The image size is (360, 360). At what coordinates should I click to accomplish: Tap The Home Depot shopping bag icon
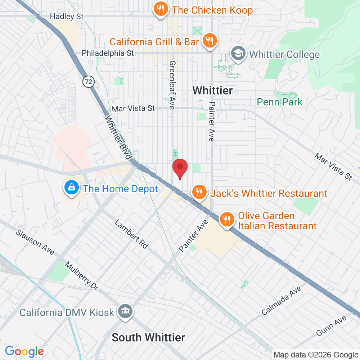pos(72,188)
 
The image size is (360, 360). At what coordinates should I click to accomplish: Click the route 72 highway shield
pos(88,82)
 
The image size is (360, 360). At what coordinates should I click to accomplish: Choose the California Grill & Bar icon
pos(208,40)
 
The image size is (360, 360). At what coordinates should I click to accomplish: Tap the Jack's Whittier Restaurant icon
pos(198,192)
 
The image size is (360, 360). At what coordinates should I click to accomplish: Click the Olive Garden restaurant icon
pos(226,219)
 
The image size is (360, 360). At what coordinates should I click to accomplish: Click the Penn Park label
pos(279,102)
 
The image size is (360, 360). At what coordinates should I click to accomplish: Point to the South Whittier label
pos(148,337)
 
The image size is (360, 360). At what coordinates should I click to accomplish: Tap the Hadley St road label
pos(67,16)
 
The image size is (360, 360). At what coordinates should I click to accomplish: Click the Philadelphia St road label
pos(108,53)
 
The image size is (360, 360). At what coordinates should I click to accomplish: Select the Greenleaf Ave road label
pos(172,85)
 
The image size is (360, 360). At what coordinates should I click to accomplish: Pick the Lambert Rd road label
pos(131,234)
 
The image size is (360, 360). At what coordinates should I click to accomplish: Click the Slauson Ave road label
pos(35,242)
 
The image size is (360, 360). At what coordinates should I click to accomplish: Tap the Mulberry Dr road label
pos(81,276)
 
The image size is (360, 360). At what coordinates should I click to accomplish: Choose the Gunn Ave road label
pos(331,325)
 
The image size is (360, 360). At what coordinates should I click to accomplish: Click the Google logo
pos(24,351)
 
